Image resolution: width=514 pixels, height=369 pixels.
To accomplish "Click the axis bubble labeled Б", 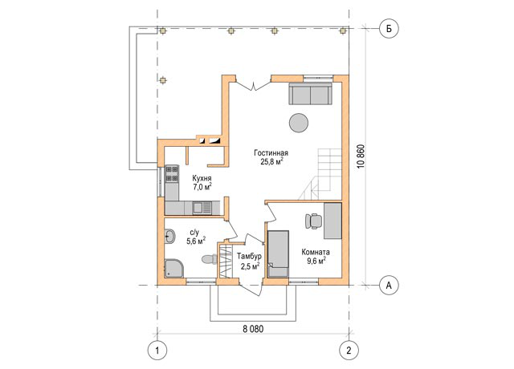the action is [389, 29].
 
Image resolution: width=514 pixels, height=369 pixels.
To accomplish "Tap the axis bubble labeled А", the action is [389, 286].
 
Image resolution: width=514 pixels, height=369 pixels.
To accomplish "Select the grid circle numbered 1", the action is [157, 351].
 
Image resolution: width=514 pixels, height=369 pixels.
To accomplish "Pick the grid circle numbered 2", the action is [349, 351].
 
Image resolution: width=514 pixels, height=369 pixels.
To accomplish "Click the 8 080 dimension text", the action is [253, 329].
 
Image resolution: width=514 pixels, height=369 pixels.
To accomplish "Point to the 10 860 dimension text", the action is [361, 156].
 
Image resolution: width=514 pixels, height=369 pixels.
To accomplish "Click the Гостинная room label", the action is [271, 153].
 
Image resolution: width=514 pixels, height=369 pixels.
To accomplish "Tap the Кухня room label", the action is [202, 178].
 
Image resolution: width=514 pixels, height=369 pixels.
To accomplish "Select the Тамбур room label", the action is [250, 256].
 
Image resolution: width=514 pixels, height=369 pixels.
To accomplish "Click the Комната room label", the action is [316, 252].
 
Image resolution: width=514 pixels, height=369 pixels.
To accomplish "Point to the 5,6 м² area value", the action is [196, 241].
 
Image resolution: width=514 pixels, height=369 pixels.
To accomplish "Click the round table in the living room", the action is [299, 123].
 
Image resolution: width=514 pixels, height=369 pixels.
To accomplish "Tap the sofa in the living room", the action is [310, 94].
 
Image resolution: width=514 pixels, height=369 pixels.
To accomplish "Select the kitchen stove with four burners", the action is [172, 174].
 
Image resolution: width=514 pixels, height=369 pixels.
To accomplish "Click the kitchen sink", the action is [202, 207].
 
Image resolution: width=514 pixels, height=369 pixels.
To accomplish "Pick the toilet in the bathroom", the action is [210, 260].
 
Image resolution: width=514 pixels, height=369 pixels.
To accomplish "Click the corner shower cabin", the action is [174, 269].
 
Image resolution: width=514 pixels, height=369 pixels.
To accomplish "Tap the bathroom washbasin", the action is [170, 236].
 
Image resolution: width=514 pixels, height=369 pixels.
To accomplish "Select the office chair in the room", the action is [314, 221].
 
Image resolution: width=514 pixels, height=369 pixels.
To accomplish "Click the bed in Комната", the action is [278, 253].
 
